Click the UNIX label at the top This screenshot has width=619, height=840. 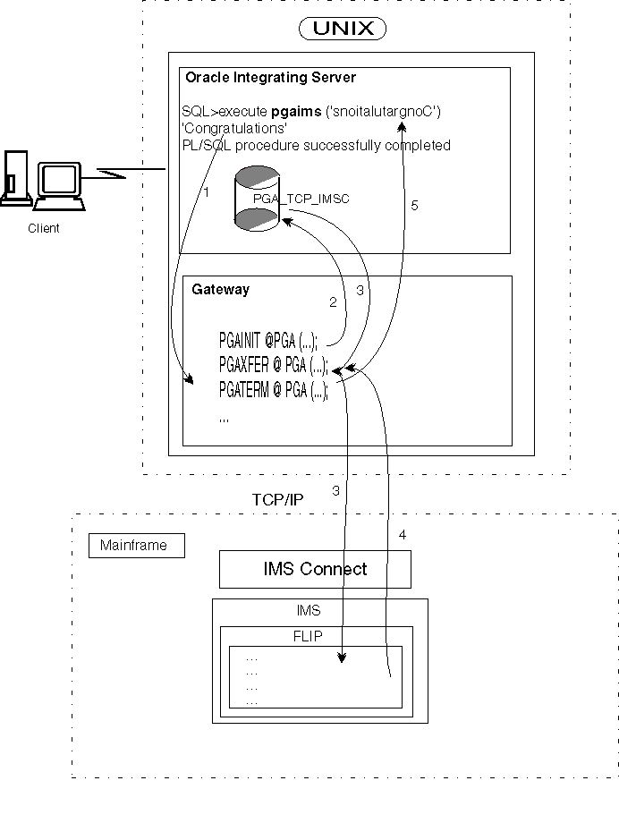coord(342,29)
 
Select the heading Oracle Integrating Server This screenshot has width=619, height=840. coord(270,78)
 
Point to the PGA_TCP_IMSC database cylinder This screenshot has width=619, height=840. coord(257,199)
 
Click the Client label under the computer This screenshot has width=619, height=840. coord(43,228)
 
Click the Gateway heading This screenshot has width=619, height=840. coord(221,289)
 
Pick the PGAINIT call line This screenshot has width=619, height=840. coord(268,341)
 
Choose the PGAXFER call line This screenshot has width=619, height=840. coord(272,365)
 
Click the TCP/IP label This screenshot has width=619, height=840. coord(277,499)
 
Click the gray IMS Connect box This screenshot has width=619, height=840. coord(315,569)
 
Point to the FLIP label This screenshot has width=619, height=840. coord(309,637)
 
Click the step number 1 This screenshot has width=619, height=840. coord(206,191)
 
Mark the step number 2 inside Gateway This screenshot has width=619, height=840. coord(333,302)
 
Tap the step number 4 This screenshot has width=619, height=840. coord(402,535)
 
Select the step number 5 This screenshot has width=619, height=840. coord(413,205)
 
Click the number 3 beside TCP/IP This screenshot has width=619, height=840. coord(336,490)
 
